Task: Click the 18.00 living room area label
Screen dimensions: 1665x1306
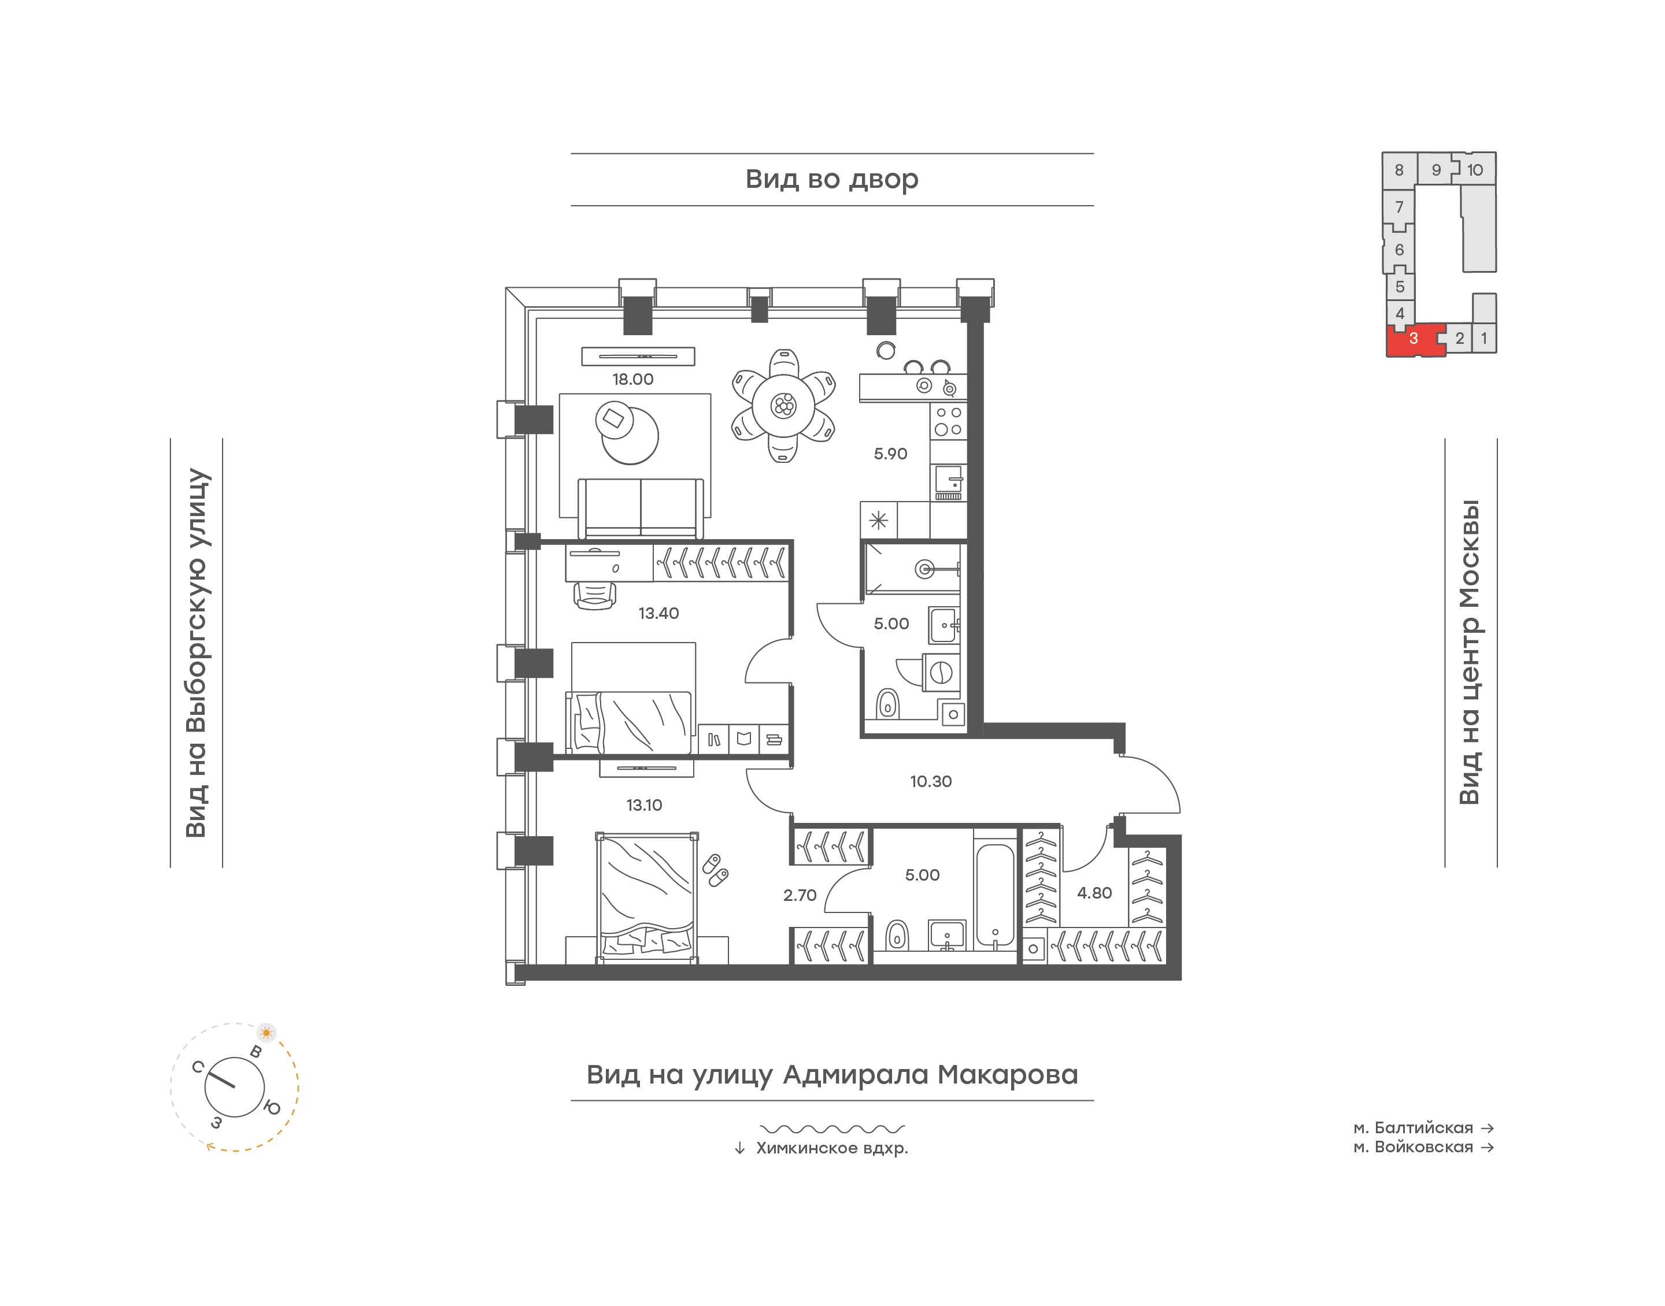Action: point(632,379)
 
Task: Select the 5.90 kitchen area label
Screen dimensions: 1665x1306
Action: point(890,454)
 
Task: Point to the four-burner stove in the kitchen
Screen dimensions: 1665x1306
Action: point(948,421)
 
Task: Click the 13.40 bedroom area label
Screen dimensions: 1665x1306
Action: point(658,613)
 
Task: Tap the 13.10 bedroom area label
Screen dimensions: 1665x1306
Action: point(644,805)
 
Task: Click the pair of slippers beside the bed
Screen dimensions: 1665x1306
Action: point(716,870)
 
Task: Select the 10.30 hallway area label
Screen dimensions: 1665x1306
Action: point(931,781)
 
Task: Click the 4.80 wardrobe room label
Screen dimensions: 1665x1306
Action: point(1094,893)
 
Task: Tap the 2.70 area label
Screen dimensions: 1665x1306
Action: point(800,895)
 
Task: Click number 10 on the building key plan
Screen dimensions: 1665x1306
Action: point(1475,170)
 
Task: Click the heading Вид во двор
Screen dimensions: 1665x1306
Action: point(832,180)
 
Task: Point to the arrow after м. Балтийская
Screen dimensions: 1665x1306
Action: point(1488,1128)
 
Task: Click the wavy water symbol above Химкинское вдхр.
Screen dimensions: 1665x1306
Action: point(832,1129)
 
